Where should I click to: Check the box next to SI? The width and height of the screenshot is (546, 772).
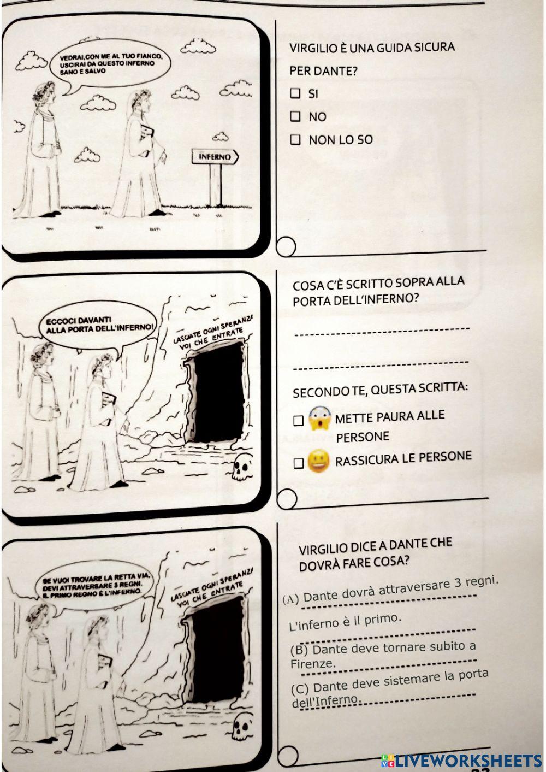coord(295,93)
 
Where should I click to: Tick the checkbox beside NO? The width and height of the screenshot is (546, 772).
coord(295,116)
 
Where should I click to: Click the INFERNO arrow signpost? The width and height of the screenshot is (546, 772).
coord(215,157)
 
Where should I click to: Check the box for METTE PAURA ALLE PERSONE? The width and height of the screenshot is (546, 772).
coord(298,421)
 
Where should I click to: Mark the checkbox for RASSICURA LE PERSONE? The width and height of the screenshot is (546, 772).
coord(298,463)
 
